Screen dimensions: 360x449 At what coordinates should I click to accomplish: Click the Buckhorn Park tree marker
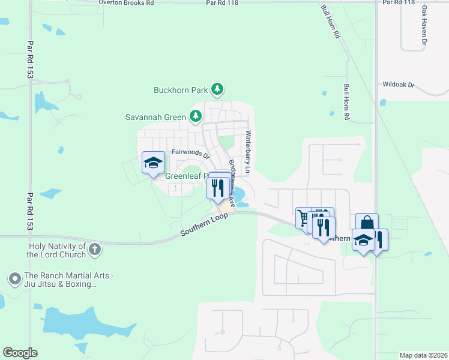[217, 91]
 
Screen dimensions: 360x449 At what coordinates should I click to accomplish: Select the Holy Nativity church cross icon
[94, 249]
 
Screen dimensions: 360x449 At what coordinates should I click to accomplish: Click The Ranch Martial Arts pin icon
[14, 278]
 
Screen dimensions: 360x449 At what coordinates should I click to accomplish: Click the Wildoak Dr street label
[399, 85]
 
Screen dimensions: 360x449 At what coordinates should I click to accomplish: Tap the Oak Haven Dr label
[424, 26]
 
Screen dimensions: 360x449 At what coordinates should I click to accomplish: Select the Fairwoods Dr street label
[190, 154]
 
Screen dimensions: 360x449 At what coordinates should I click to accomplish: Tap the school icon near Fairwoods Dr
[152, 162]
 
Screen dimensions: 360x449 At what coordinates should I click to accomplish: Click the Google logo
[20, 353]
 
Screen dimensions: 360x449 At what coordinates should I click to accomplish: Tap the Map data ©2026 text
[423, 355]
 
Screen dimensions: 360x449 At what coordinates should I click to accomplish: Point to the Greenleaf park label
[186, 176]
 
